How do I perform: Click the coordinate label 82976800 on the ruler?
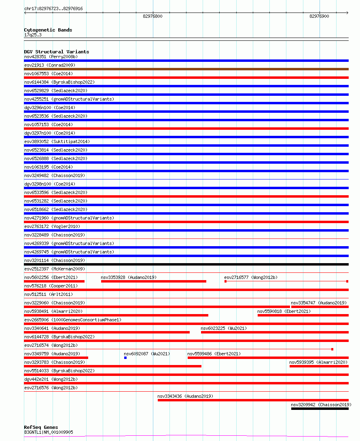point(152,16)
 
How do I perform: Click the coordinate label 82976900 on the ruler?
point(319,16)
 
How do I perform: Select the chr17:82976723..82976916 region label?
point(53,8)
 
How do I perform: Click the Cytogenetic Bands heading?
point(48,30)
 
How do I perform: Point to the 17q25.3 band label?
point(33,35)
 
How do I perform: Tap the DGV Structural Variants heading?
point(56,52)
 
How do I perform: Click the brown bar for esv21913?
point(186,69)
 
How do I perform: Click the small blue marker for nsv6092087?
point(125,358)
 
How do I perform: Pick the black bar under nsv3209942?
point(320,409)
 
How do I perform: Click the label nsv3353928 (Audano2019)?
point(129,277)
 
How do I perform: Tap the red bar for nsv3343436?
point(253,400)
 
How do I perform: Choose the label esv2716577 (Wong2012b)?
point(251,277)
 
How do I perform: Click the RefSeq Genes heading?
point(41,427)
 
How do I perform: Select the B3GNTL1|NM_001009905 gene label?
point(49,432)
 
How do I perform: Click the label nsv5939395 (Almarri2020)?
point(319,362)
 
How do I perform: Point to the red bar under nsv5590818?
point(303,315)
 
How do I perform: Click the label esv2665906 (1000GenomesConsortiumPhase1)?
point(73,320)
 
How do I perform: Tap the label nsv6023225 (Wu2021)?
point(224,328)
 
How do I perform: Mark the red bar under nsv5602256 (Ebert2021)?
point(54,281)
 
